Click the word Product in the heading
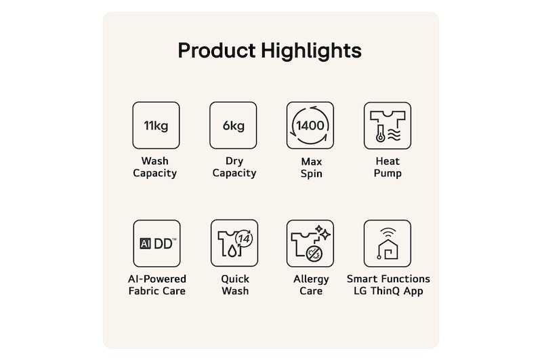217,50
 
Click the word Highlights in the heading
311,51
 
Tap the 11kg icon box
156,125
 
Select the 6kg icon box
233,125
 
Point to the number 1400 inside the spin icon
310,125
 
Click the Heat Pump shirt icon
388,125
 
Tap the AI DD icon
157,243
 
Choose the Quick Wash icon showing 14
234,243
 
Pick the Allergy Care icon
310,243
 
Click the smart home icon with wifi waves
388,243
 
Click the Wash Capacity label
155,167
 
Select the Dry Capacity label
234,167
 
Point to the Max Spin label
312,167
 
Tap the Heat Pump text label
388,167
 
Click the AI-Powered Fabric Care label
157,285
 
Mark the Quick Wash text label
235,285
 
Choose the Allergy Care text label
311,285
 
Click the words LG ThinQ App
388,290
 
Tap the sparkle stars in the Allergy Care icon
322,233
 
